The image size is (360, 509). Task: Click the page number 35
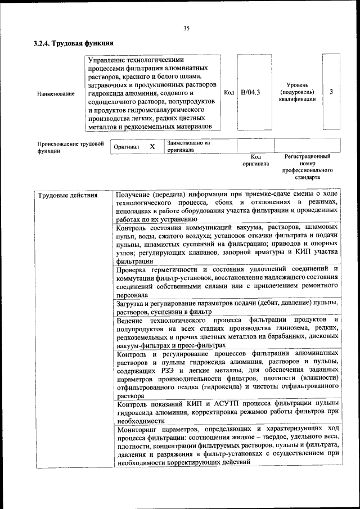click(x=186, y=29)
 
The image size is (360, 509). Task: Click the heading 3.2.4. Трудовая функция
click(x=74, y=43)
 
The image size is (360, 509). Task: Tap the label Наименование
click(x=56, y=93)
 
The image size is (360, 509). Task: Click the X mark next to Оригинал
click(x=152, y=146)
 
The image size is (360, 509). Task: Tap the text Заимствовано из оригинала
click(x=188, y=146)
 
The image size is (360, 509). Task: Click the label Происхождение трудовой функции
click(x=70, y=147)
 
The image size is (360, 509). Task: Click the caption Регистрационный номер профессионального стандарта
click(x=307, y=166)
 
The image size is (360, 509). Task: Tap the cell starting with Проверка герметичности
click(x=227, y=281)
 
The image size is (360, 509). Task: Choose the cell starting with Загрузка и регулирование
click(x=227, y=307)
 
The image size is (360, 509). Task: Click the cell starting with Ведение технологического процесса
click(x=227, y=332)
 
